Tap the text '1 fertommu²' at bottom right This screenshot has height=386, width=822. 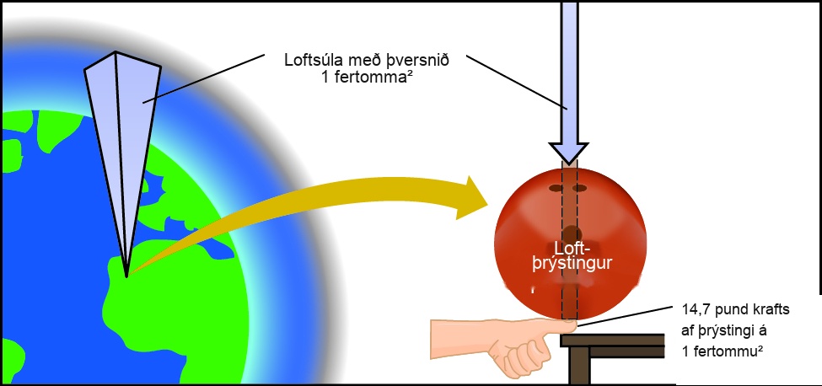tap(723, 351)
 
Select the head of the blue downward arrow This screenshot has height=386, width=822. tap(568, 153)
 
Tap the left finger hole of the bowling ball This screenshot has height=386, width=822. tap(556, 187)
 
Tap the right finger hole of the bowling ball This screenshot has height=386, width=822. tap(579, 187)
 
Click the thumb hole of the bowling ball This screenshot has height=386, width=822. tap(572, 233)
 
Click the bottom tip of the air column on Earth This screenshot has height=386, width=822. tap(126, 276)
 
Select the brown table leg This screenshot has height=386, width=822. tap(579, 366)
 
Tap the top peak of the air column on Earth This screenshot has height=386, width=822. tap(116, 52)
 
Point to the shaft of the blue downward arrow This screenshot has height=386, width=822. tap(569, 72)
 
